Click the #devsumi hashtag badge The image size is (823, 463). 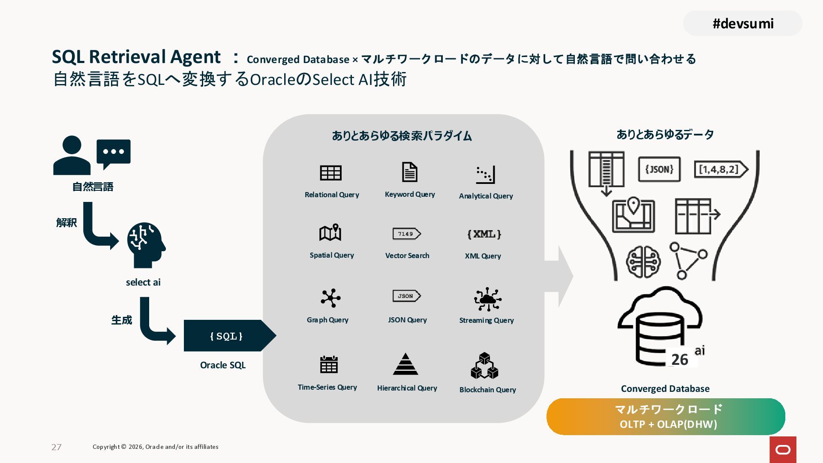coord(742,24)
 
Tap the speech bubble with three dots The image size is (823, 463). coord(114,153)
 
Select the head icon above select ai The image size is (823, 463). coord(146,244)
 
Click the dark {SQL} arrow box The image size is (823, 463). coord(227,336)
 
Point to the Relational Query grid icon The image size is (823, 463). coord(330,173)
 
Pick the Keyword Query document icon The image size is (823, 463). coord(409,172)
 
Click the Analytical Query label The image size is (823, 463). coord(486,196)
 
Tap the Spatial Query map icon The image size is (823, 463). coord(330,233)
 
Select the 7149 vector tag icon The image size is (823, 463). coord(406,234)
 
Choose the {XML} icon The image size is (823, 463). coord(484,234)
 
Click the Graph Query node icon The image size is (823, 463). coord(330,298)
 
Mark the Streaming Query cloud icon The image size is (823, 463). coord(487,299)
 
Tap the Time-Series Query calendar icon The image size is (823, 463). coord(329,364)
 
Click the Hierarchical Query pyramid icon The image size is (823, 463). coord(405,364)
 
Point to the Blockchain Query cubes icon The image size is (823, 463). coord(484,366)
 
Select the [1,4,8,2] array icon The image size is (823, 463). coord(721,169)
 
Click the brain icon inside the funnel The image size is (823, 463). coord(643,262)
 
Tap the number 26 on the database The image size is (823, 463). coord(679,359)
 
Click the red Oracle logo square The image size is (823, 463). coord(783,449)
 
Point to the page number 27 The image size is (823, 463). coord(57,447)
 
